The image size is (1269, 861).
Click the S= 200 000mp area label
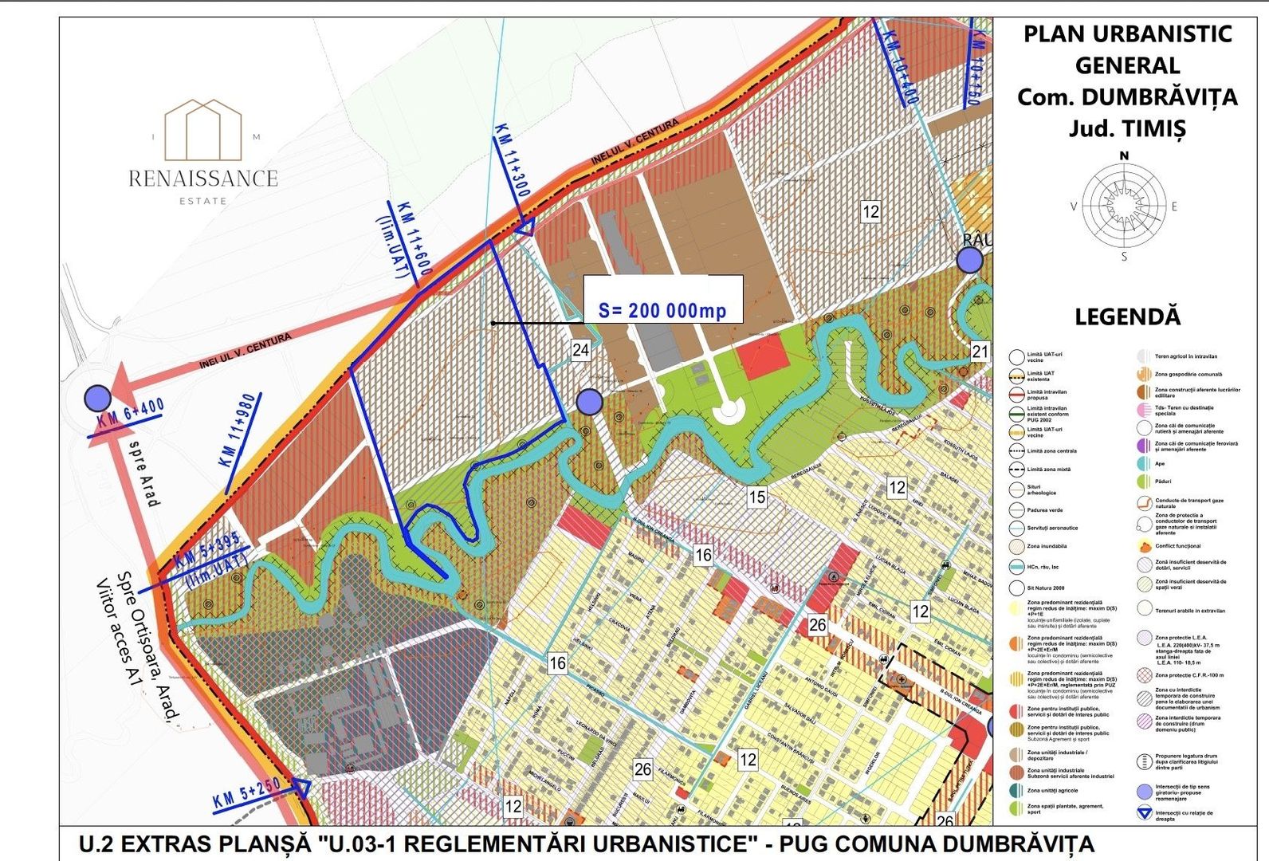[x=662, y=309]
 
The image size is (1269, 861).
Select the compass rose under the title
[x=1124, y=205]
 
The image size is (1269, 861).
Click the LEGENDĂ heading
[x=1127, y=316]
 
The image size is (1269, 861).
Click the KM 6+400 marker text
[x=131, y=414]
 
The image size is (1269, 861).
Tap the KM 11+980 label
[x=238, y=430]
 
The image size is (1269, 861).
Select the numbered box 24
[x=581, y=349]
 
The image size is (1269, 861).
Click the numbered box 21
[x=980, y=352]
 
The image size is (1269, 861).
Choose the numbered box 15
[x=756, y=497]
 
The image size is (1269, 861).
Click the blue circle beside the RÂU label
[x=969, y=260]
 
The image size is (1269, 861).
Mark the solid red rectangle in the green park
[x=763, y=357]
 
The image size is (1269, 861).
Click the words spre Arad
[x=144, y=473]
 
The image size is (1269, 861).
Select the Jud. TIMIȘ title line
[x=1126, y=128]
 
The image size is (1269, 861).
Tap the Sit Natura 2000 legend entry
[x=1045, y=588]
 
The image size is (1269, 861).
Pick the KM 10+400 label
[x=902, y=67]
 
